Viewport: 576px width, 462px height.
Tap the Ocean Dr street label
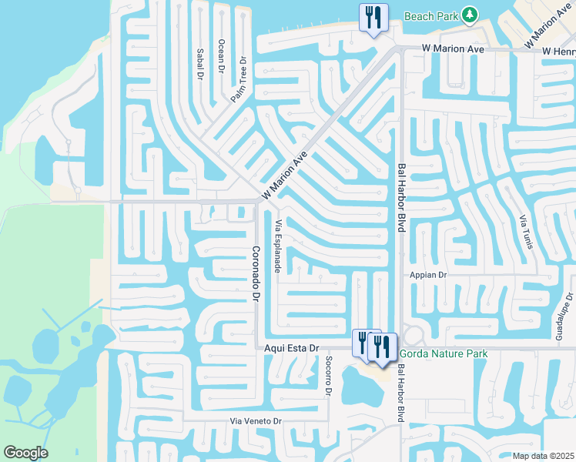coord(221,56)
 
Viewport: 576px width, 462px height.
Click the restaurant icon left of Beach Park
coord(373,17)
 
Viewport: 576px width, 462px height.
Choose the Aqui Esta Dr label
coord(292,349)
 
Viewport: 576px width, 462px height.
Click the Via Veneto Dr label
coord(257,421)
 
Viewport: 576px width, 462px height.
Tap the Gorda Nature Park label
coord(443,354)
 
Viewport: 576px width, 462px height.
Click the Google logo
coord(25,453)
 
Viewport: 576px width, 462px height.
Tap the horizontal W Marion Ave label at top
coord(453,49)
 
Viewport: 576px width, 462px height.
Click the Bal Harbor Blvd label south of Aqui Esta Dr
coord(400,393)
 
